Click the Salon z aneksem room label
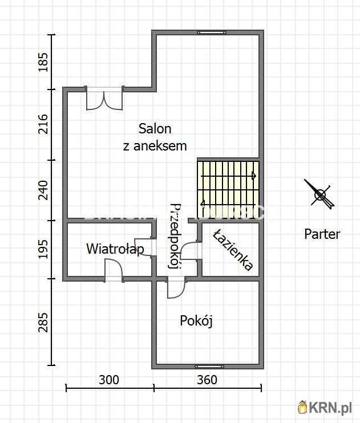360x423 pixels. (155, 137)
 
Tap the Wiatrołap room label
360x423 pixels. (115, 249)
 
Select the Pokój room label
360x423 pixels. (196, 321)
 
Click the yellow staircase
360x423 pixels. (228, 185)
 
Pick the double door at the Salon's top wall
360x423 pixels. (104, 99)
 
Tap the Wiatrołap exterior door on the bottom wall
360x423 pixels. (114, 270)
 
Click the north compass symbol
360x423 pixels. (319, 194)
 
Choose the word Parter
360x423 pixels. (322, 234)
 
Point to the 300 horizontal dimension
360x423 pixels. (109, 380)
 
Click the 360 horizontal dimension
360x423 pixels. (207, 380)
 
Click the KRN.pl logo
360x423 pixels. (325, 407)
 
